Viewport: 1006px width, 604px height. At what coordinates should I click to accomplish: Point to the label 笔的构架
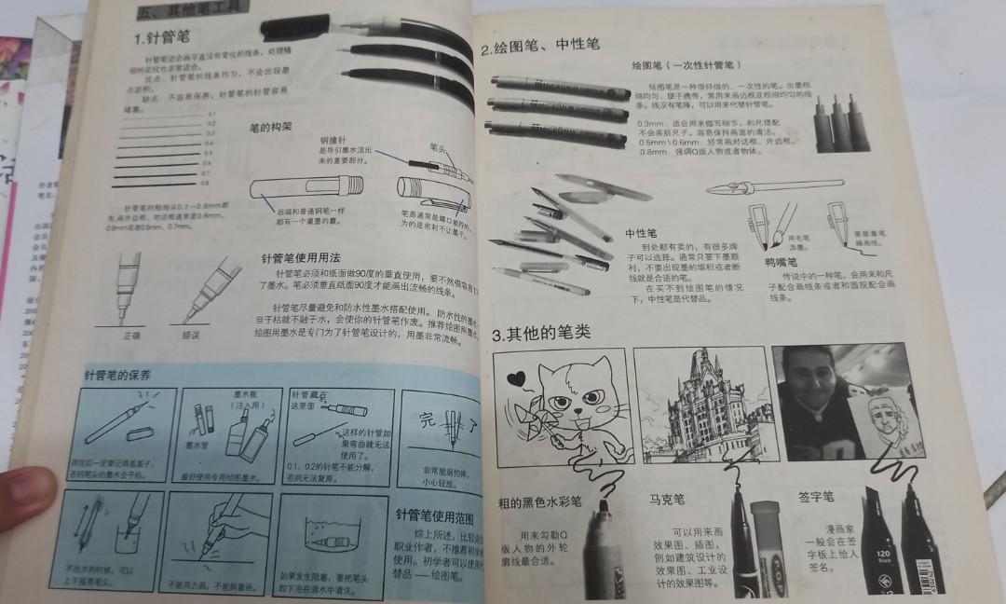pos(271,126)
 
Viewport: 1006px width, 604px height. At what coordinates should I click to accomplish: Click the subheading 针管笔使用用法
pos(302,257)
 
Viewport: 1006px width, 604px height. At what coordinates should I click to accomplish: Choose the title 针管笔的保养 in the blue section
pos(117,376)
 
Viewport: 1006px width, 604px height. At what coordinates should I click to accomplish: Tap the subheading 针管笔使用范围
pos(435,515)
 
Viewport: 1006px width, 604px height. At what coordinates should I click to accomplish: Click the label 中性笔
pos(640,232)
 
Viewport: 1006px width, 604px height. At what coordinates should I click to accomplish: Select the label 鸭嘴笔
pos(782,263)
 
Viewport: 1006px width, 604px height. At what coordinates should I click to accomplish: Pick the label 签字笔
pos(816,497)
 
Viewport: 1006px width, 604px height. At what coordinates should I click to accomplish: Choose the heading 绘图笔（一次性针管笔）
pos(686,66)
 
